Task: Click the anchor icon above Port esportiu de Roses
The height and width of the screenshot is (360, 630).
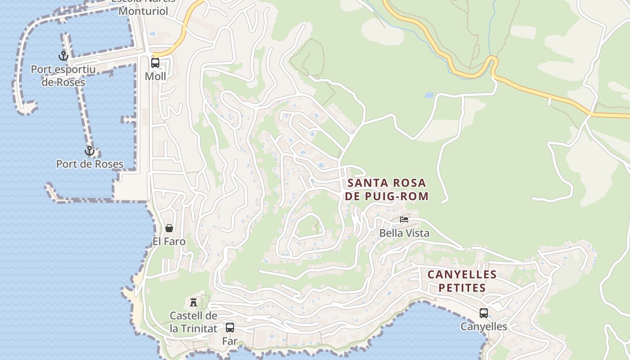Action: pos(63,56)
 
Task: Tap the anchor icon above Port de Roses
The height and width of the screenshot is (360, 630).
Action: pos(90,151)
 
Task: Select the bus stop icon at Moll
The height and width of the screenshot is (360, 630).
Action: pos(155,63)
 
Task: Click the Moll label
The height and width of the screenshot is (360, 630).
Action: pos(155,76)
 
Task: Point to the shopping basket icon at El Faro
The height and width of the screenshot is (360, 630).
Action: pos(169,228)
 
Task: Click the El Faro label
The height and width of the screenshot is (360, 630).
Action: pos(169,242)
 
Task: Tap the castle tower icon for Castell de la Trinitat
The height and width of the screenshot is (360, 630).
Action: pos(193,302)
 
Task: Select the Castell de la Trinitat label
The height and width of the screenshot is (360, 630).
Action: pos(193,322)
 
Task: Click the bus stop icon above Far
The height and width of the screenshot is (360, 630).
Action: pos(230,328)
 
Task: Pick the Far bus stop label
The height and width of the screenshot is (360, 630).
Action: pos(229,342)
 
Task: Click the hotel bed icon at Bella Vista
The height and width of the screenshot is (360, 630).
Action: pos(404,220)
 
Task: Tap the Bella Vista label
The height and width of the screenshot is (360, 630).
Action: pos(404,233)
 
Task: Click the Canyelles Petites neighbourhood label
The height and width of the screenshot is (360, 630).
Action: pos(462,281)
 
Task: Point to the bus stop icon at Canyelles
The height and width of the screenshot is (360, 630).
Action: pos(484,313)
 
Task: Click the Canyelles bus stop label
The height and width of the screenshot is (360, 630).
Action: pos(484,327)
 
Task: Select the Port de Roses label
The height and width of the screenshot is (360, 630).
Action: pos(90,164)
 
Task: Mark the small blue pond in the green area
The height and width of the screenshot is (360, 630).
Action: pos(429,95)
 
